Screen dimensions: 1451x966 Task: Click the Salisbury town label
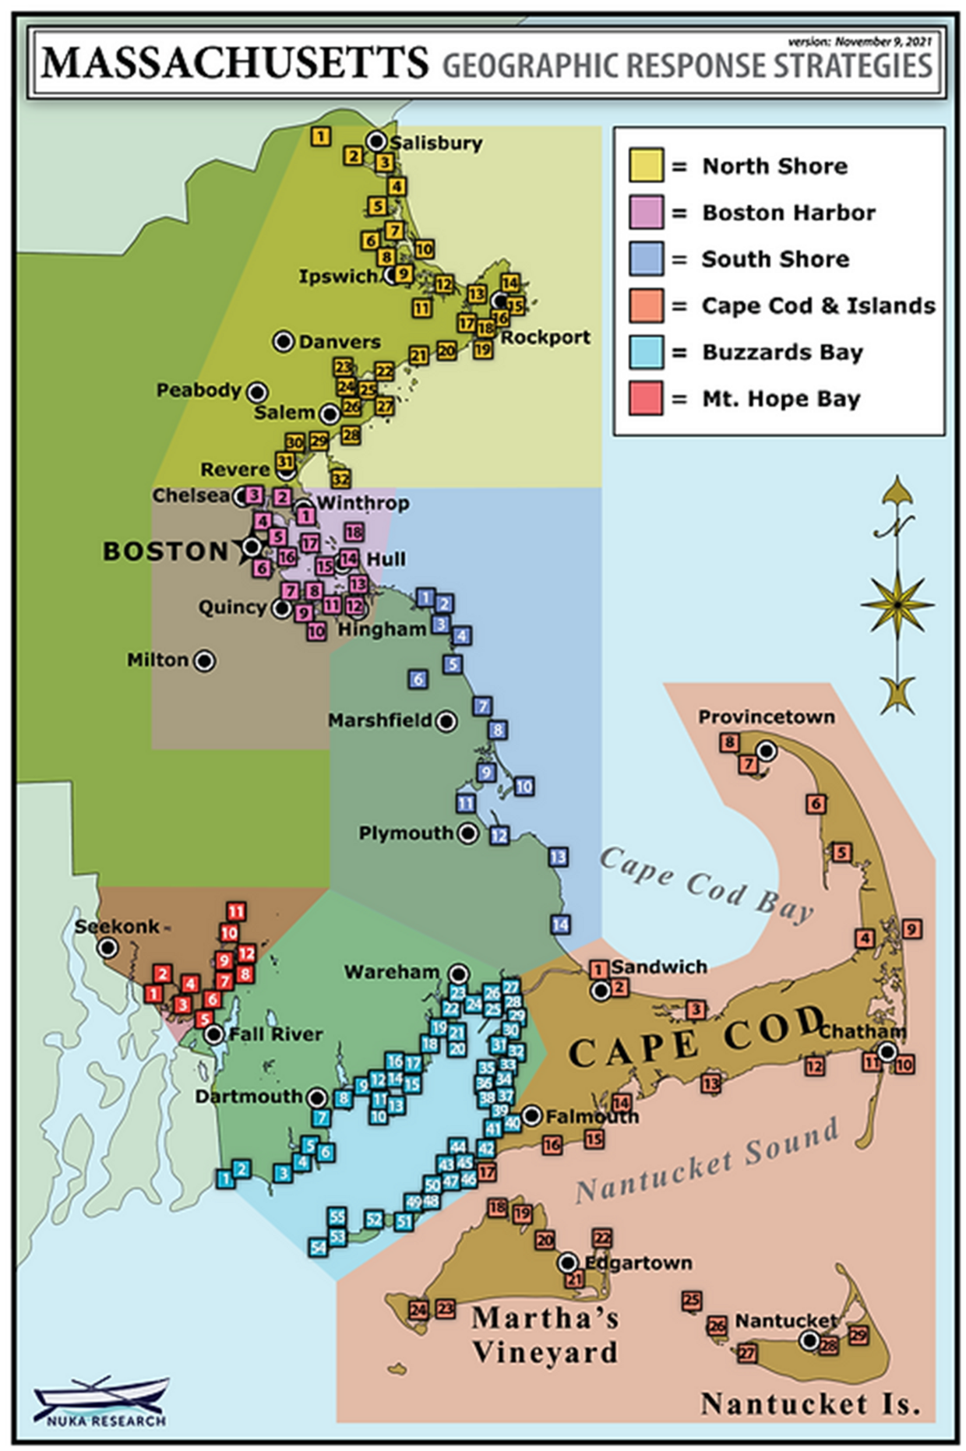(435, 143)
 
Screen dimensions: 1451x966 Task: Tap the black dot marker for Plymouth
(468, 833)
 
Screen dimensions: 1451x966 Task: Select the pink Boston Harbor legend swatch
(646, 213)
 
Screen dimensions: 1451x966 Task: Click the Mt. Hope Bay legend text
(781, 399)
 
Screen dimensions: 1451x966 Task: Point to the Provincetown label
(766, 717)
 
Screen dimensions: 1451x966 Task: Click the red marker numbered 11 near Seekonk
(235, 911)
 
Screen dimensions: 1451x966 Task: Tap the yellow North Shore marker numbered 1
(320, 136)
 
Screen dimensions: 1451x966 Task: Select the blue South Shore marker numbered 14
(560, 924)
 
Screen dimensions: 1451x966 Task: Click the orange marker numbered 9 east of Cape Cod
(911, 928)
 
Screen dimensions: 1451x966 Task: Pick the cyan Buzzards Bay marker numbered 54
(318, 1247)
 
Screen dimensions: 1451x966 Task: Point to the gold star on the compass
(897, 604)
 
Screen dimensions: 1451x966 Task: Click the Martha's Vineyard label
(545, 1335)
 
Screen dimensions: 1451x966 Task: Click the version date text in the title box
(858, 41)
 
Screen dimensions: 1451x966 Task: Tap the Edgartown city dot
(569, 1263)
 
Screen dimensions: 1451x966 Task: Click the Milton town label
(158, 660)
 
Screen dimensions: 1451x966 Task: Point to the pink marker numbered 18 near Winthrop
(354, 532)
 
